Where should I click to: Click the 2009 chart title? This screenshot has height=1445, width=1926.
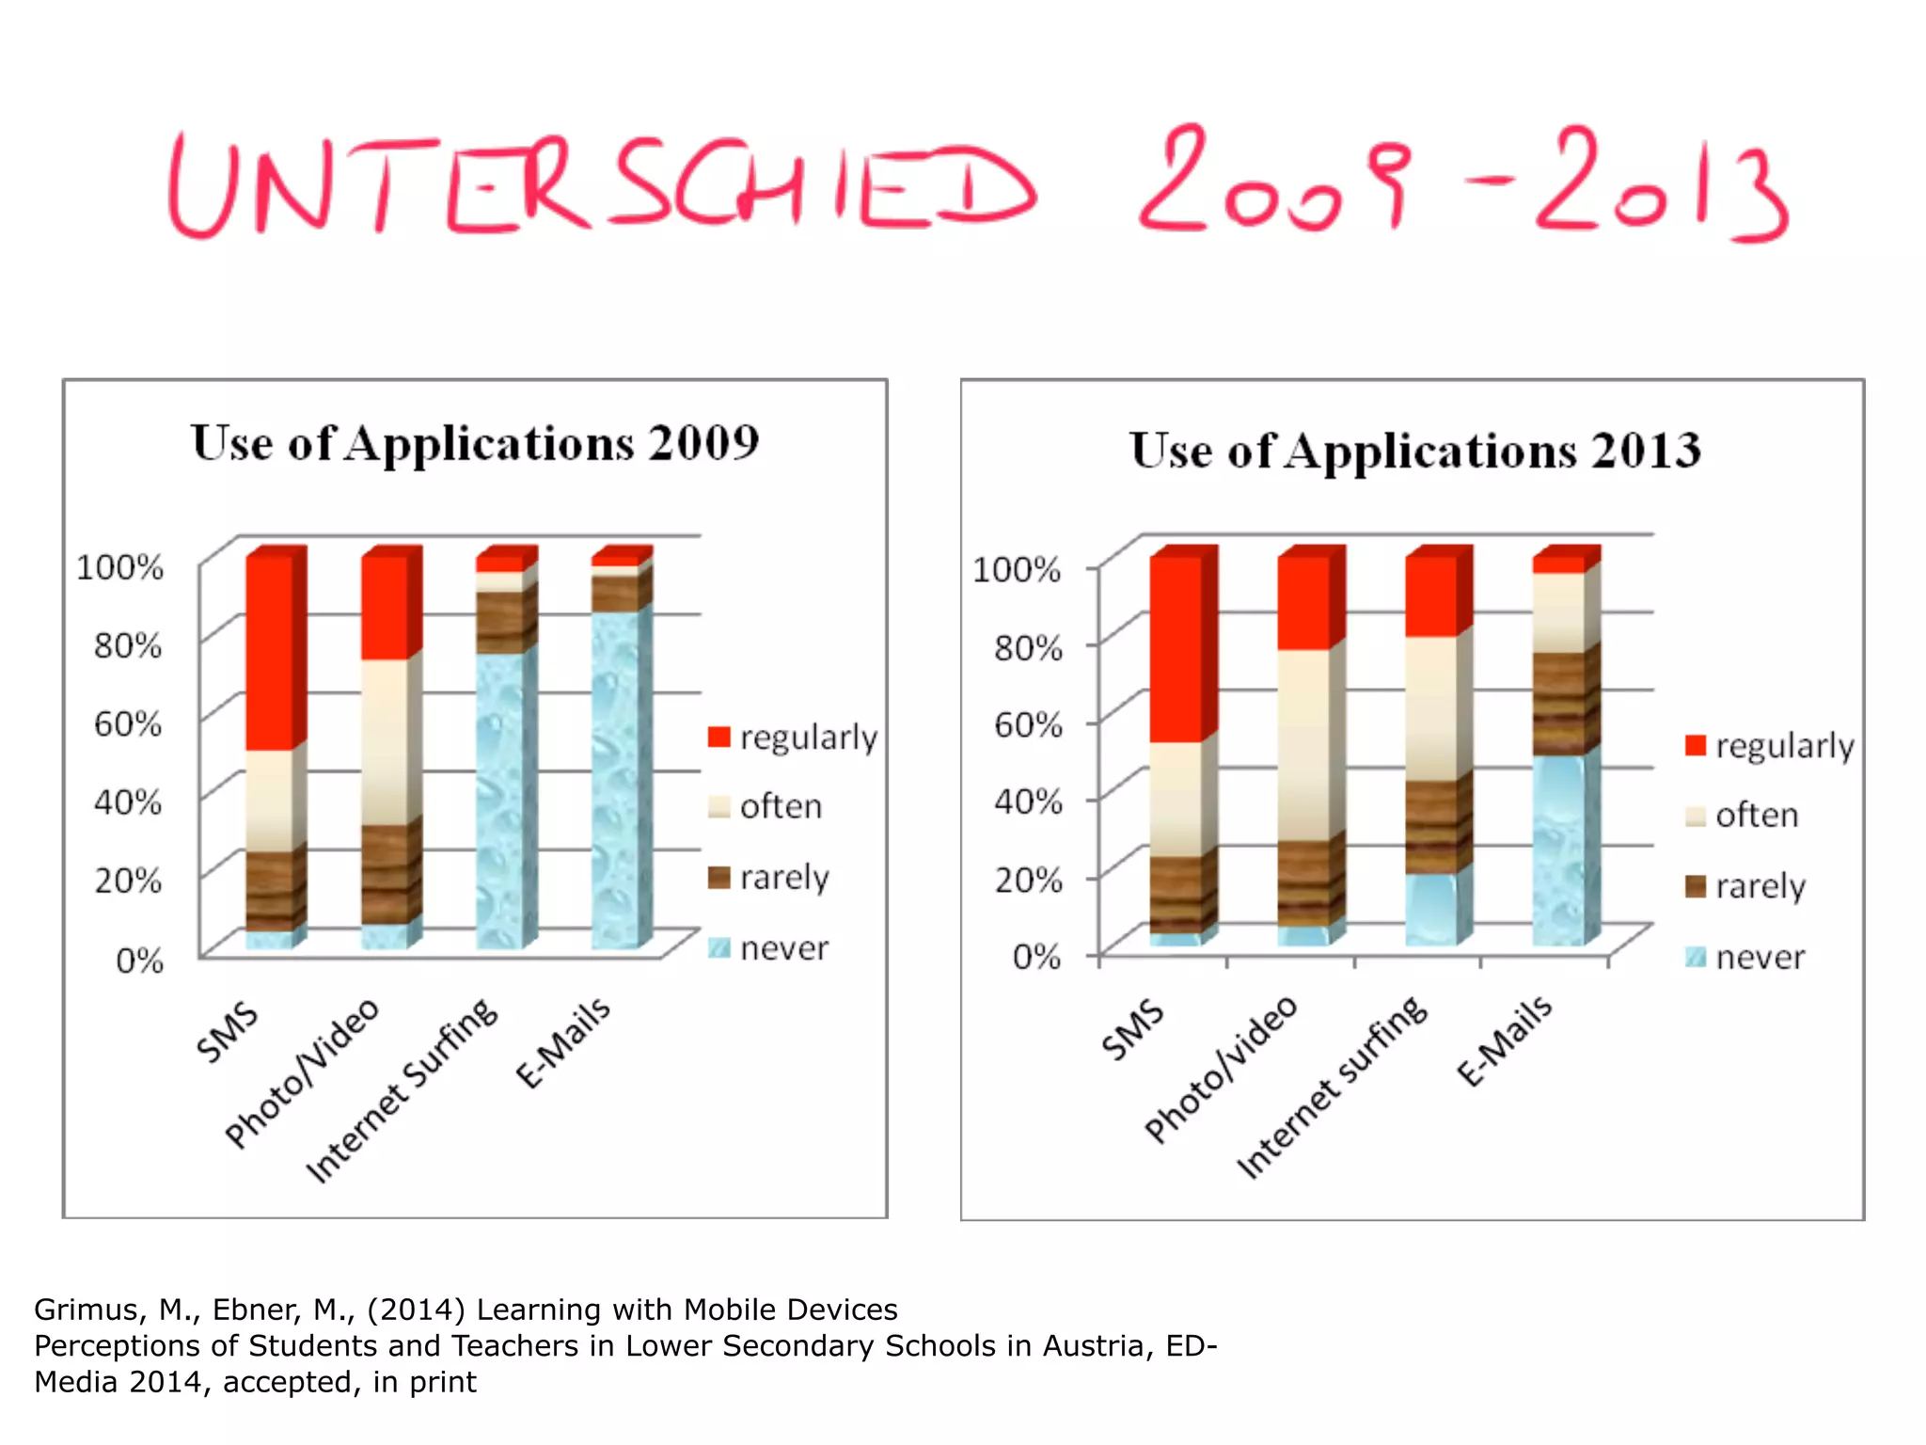pyautogui.click(x=475, y=443)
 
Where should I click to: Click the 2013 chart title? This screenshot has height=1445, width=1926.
pyautogui.click(x=1415, y=451)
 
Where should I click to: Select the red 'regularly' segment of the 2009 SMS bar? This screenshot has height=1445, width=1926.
pyautogui.click(x=270, y=653)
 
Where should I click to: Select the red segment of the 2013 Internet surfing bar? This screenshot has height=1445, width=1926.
pyautogui.click(x=1431, y=595)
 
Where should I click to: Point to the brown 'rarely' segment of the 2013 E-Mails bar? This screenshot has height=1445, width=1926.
pyautogui.click(x=1559, y=703)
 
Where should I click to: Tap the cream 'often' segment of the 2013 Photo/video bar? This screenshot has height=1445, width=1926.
pyautogui.click(x=1303, y=744)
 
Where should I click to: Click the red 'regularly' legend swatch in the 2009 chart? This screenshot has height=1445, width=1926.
pyautogui.click(x=719, y=737)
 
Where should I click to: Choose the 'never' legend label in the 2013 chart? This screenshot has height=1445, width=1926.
pyautogui.click(x=1760, y=958)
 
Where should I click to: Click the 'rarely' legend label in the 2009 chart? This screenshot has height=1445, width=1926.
pyautogui.click(x=784, y=878)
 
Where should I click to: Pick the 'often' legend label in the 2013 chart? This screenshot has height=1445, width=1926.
pyautogui.click(x=1757, y=816)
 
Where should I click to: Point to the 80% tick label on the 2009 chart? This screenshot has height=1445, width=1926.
pyautogui.click(x=128, y=646)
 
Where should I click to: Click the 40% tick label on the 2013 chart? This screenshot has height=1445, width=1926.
pyautogui.click(x=1029, y=802)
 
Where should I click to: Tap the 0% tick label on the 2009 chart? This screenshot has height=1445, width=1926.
pyautogui.click(x=139, y=961)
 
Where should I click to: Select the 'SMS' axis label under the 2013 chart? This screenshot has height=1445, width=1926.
pyautogui.click(x=1133, y=1030)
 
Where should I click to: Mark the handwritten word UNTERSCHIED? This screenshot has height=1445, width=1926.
pyautogui.click(x=602, y=184)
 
